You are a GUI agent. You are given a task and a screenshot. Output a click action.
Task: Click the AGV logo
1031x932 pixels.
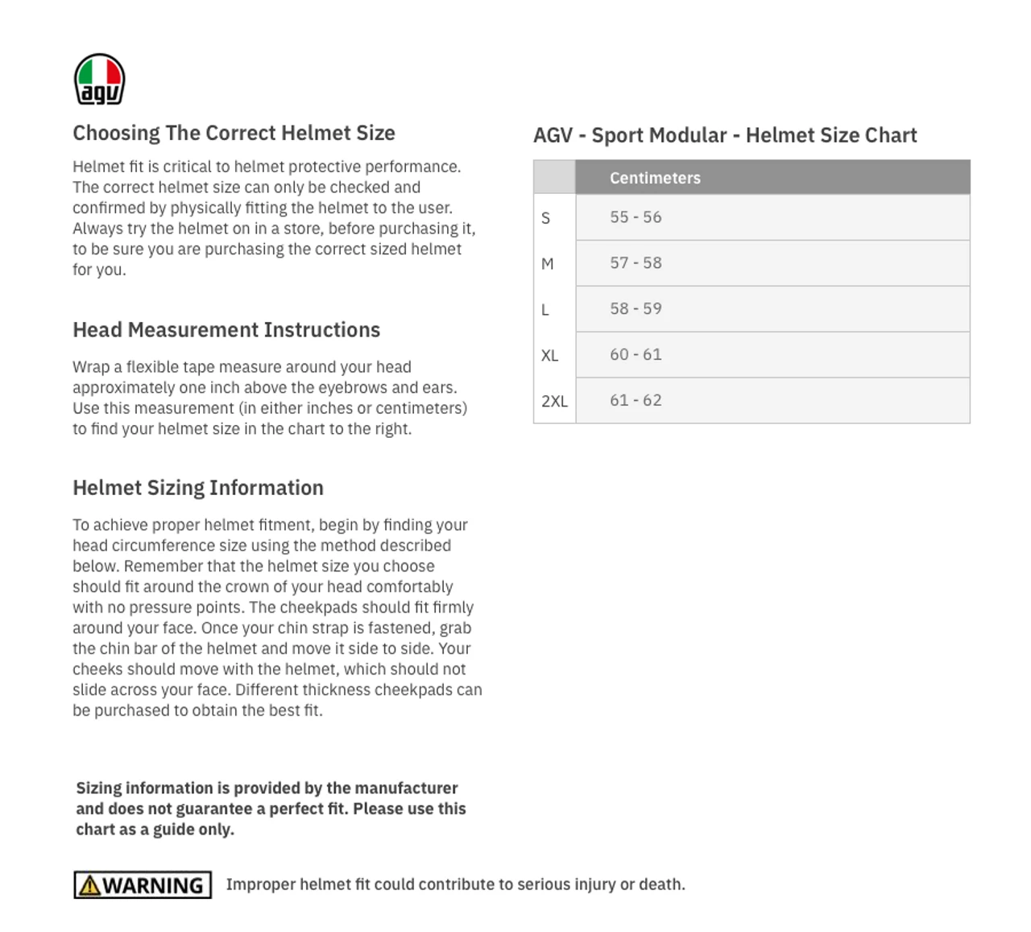(99, 80)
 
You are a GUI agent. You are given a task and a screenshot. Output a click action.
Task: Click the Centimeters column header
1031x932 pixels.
(655, 178)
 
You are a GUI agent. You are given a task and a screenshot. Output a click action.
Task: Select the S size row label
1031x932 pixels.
(546, 218)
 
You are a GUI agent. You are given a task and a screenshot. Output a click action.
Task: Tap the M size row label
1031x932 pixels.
(548, 264)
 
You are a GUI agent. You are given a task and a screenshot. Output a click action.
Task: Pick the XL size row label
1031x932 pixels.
(550, 356)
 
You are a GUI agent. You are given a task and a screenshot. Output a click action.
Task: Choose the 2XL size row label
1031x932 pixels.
(554, 401)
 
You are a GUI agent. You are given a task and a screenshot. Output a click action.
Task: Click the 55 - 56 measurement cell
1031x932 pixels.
(636, 217)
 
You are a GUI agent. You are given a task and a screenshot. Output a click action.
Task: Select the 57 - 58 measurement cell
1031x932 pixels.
(636, 263)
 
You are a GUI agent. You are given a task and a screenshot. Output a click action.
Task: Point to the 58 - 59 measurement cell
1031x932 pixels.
(636, 309)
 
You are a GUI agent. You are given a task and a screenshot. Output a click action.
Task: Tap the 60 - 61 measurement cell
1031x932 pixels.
(636, 355)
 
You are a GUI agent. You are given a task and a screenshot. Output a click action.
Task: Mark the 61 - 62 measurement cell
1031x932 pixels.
(636, 401)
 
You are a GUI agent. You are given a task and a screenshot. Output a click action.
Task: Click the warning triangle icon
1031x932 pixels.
(90, 885)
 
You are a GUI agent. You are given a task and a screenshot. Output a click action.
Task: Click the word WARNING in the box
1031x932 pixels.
(153, 885)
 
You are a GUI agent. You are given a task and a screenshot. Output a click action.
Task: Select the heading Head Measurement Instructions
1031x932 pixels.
(226, 330)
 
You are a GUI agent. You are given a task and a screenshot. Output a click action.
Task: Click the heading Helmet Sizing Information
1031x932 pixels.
(198, 488)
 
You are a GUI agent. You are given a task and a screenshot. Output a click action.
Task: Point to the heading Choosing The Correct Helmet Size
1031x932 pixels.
(234, 133)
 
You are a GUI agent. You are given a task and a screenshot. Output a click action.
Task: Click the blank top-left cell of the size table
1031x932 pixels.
(554, 177)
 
